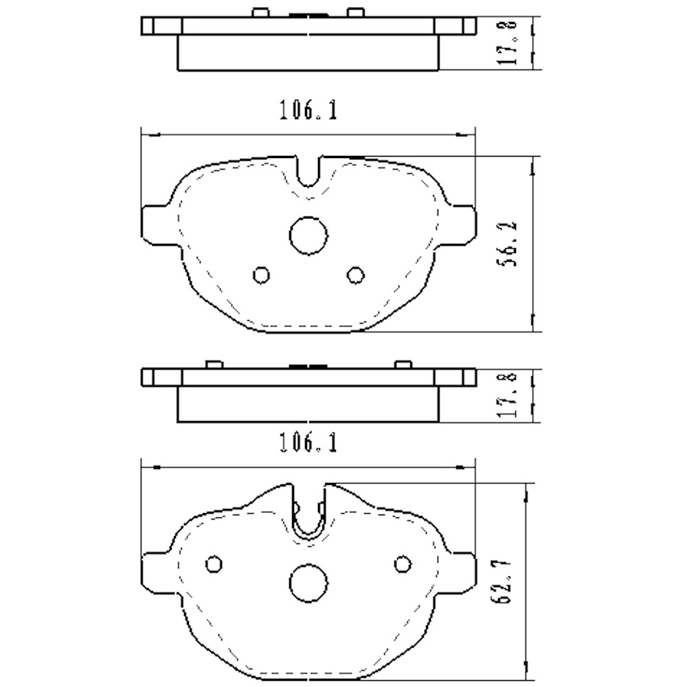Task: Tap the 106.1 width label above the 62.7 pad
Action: [308, 444]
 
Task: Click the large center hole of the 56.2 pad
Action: [307, 234]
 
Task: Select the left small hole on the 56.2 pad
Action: [261, 275]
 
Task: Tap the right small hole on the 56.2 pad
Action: [354, 275]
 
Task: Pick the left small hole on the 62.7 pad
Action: [214, 564]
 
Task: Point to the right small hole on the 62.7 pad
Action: [402, 564]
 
